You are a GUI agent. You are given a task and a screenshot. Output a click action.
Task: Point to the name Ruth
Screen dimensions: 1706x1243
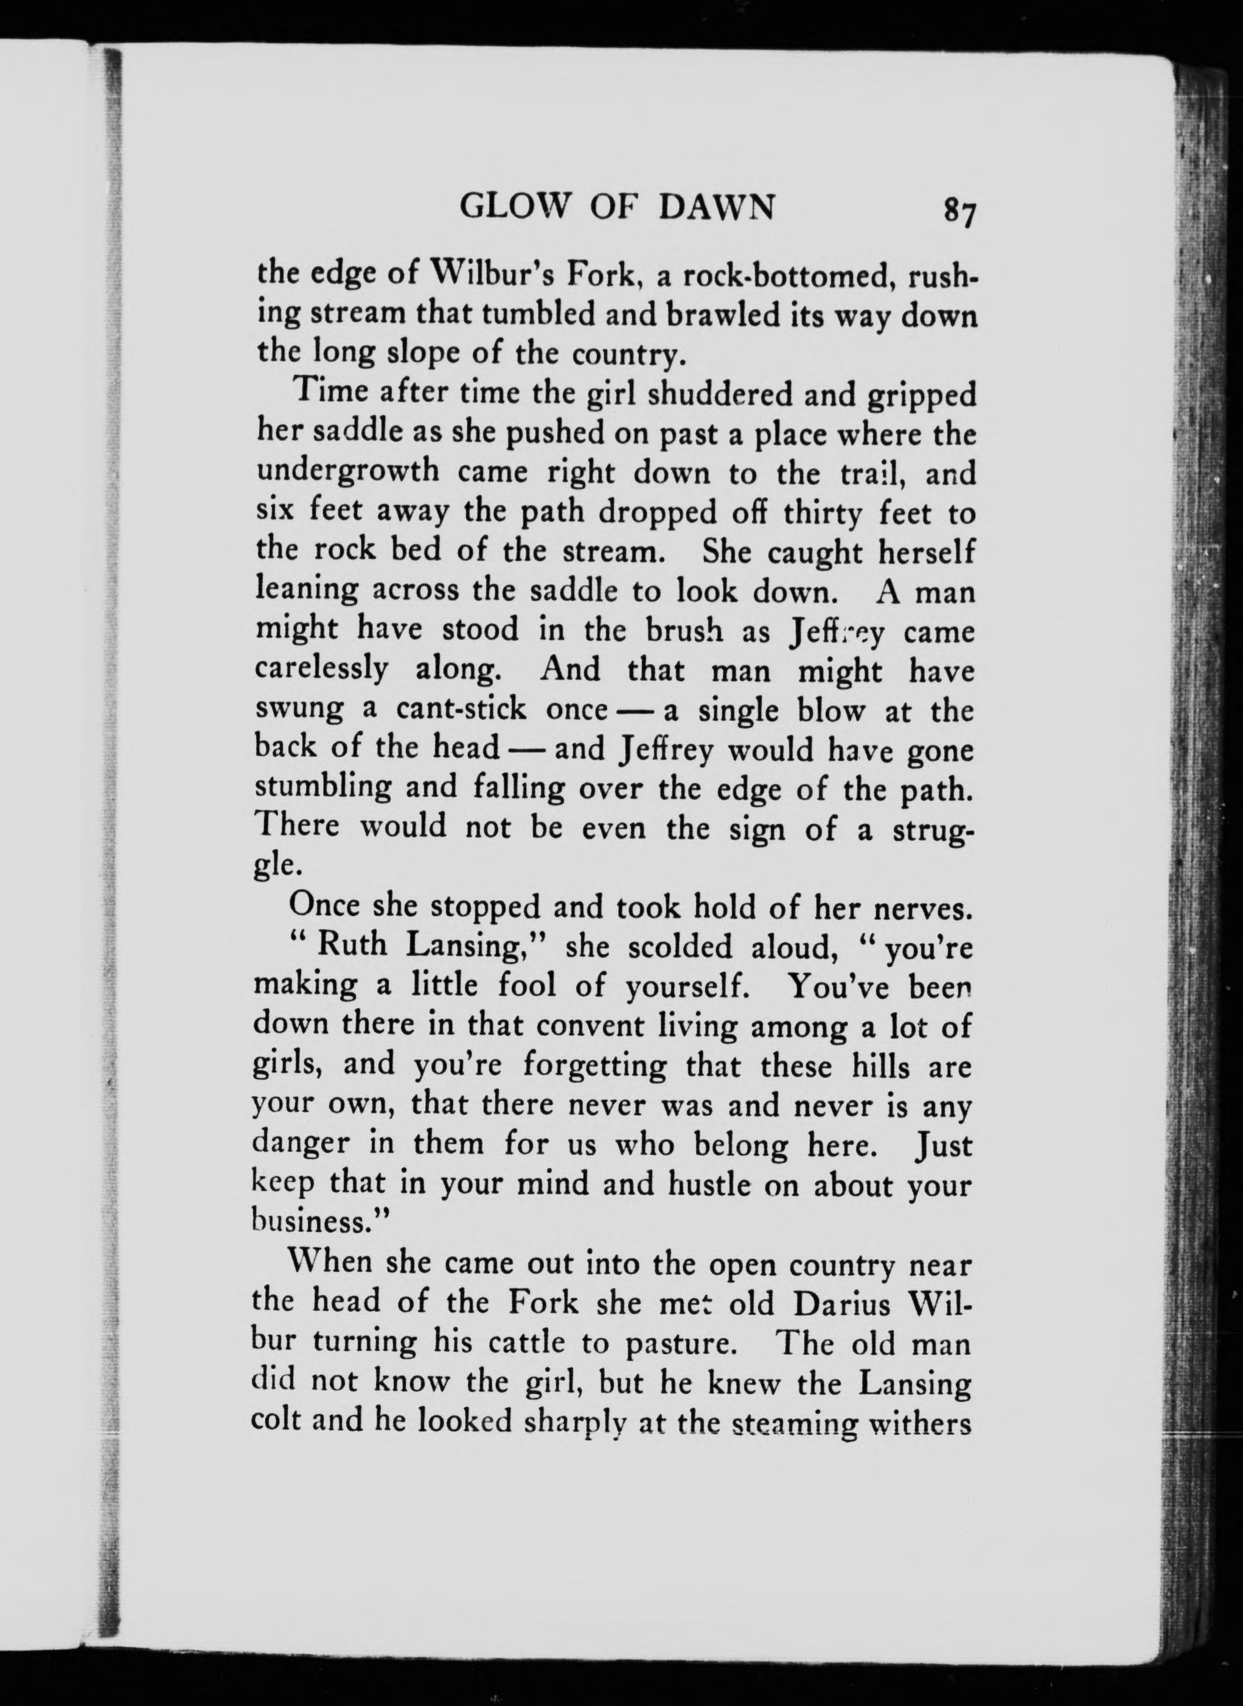pos(352,946)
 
